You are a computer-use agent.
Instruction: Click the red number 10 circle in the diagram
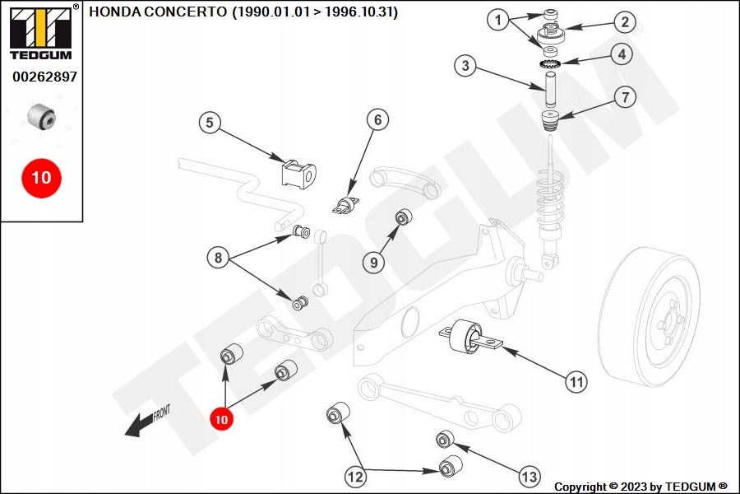pyautogui.click(x=220, y=418)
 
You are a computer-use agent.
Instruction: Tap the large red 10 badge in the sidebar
pyautogui.click(x=41, y=177)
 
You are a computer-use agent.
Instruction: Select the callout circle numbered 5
pyautogui.click(x=210, y=123)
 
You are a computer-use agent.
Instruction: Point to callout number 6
pyautogui.click(x=377, y=120)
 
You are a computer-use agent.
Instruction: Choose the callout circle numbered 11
pyautogui.click(x=576, y=381)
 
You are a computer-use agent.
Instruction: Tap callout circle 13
pyautogui.click(x=529, y=476)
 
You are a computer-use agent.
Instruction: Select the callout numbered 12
pyautogui.click(x=355, y=476)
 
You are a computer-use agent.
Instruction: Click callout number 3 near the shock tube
pyautogui.click(x=465, y=65)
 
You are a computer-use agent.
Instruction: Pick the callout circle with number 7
pyautogui.click(x=624, y=98)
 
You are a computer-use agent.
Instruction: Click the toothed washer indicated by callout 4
pyautogui.click(x=550, y=64)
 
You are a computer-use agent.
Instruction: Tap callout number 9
pyautogui.click(x=374, y=263)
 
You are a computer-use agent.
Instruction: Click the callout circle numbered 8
pyautogui.click(x=218, y=259)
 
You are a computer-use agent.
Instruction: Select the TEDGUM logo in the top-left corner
pyautogui.click(x=40, y=34)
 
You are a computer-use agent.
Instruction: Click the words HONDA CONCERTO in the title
pyautogui.click(x=157, y=13)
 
